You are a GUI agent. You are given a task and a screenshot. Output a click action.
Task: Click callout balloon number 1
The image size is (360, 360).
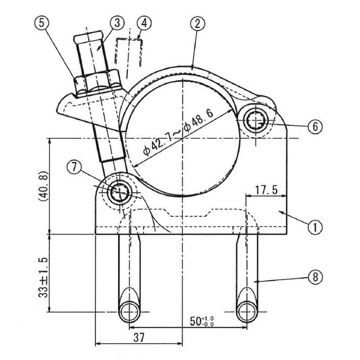click(x=315, y=227)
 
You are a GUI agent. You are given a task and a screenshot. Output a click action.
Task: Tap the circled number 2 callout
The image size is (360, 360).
click(x=197, y=23)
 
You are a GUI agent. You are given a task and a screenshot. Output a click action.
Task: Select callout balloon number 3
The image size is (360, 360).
click(x=117, y=23)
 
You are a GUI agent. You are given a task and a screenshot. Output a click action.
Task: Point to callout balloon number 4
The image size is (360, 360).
click(x=144, y=23)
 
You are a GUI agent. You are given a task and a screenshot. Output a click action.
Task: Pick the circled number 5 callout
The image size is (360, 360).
click(x=41, y=23)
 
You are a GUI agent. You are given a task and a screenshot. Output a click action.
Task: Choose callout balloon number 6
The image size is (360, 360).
click(x=315, y=126)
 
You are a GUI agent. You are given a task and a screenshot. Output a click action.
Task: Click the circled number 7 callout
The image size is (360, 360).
click(x=74, y=167)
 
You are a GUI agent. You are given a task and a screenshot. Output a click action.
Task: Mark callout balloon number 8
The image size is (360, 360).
click(x=315, y=277)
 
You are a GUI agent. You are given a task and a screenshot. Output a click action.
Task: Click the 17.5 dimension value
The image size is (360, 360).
click(x=266, y=190)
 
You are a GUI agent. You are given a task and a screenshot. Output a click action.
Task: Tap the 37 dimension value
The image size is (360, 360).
click(x=139, y=337)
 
